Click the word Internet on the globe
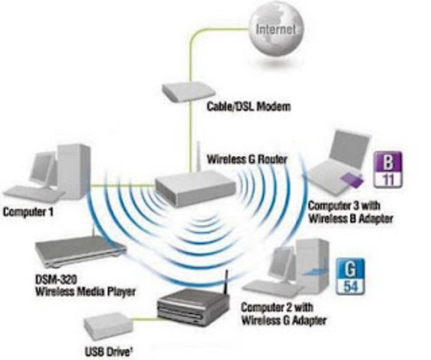click(x=277, y=31)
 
